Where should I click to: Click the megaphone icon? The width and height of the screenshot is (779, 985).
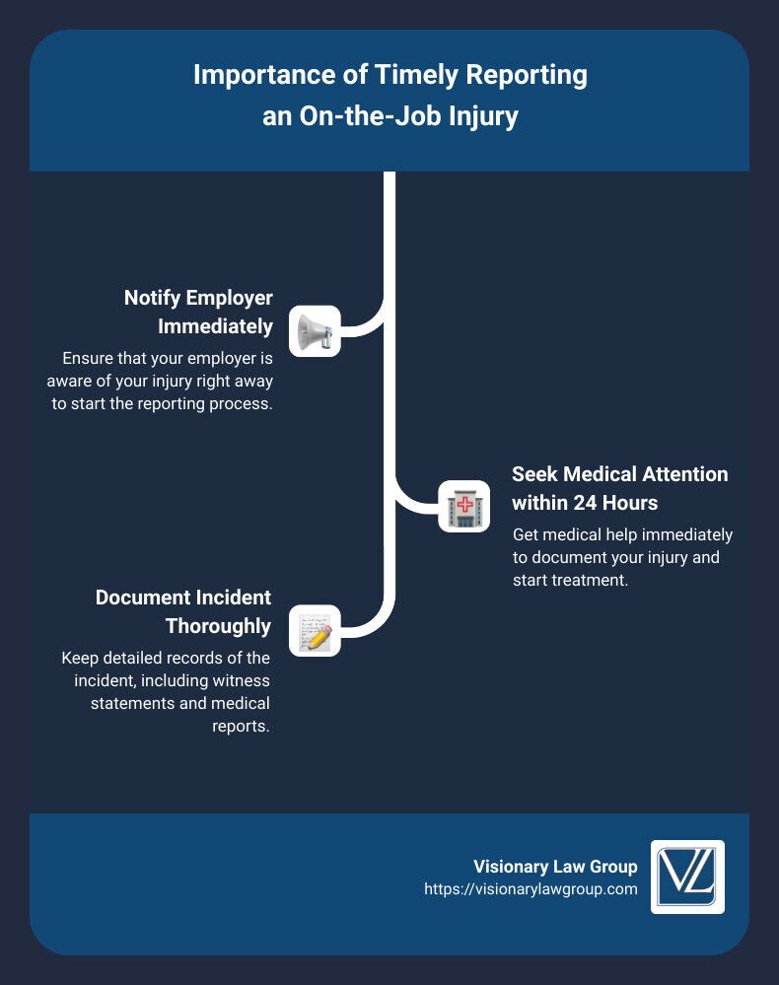[x=315, y=331]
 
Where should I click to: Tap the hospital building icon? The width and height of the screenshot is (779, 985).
[x=462, y=507]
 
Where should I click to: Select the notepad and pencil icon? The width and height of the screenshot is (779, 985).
[x=315, y=631]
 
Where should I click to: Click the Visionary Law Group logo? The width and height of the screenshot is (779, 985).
[x=687, y=877]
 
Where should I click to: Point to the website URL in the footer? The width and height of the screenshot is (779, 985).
[x=531, y=888]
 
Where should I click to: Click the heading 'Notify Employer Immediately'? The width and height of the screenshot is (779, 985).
[x=198, y=311]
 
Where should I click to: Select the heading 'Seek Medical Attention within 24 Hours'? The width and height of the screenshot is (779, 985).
[x=619, y=487]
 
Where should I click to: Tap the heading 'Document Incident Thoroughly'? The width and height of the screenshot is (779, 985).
[x=183, y=611]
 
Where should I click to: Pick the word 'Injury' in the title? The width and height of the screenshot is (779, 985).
[x=483, y=116]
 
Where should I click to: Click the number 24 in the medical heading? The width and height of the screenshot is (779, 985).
[x=589, y=502]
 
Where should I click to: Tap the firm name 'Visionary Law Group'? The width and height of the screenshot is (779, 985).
[x=555, y=867]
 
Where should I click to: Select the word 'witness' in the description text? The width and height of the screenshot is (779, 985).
[x=242, y=681]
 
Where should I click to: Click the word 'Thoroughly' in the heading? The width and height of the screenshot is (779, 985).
[x=219, y=625]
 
